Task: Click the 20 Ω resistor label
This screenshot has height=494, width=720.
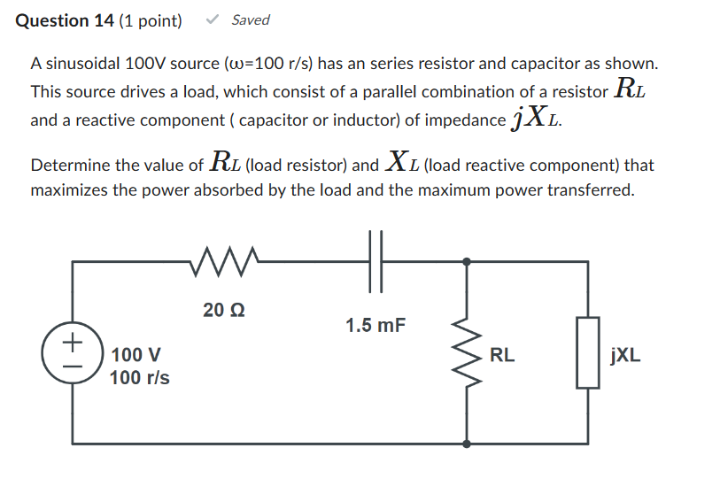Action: [223, 310]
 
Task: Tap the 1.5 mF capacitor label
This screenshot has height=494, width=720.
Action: [375, 326]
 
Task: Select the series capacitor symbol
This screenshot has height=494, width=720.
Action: [375, 262]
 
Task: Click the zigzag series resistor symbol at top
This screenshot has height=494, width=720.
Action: [223, 261]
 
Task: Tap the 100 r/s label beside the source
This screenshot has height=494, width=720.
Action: [139, 378]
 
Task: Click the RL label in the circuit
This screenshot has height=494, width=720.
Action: [502, 357]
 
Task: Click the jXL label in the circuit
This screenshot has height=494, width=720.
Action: [626, 357]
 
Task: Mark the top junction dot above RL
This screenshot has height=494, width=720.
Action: [467, 262]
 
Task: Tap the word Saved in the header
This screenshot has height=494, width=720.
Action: [251, 19]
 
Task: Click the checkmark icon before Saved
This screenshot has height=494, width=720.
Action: [213, 19]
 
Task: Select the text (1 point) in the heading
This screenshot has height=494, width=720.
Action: [151, 20]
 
